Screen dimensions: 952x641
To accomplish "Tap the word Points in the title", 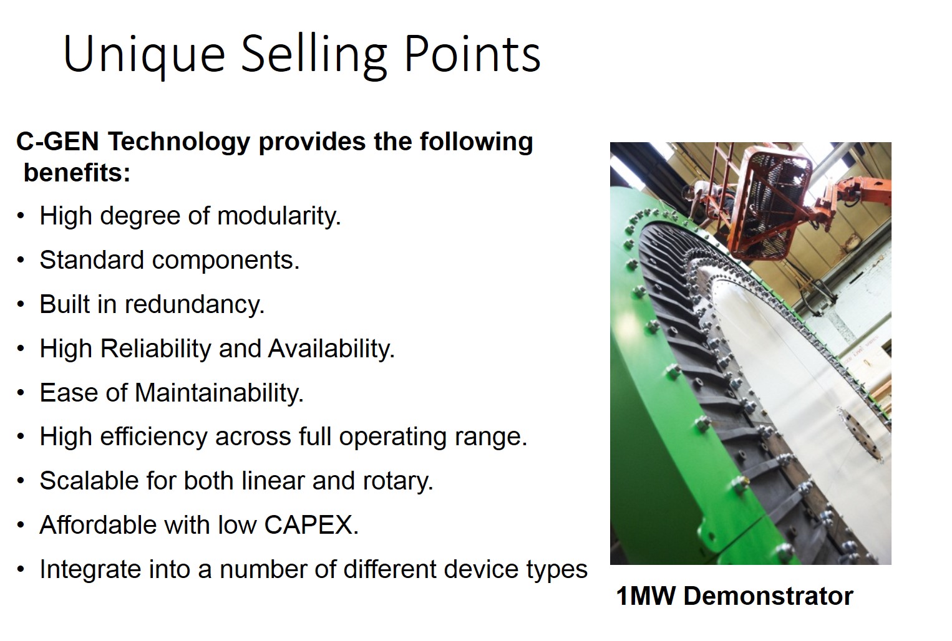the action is [x=472, y=54].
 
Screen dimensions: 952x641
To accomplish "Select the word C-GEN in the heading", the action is [x=57, y=142].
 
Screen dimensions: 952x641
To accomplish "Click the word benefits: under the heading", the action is [x=77, y=173].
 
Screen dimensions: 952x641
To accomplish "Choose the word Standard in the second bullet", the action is [x=92, y=259].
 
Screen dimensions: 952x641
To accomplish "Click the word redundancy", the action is [x=195, y=304].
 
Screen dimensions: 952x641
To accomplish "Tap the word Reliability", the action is [x=155, y=349].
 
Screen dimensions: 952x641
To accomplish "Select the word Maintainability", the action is [x=219, y=393].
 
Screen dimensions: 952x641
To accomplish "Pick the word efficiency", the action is [x=153, y=436].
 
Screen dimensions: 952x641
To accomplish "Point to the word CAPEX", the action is [x=311, y=525].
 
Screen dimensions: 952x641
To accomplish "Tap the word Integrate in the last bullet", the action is [x=90, y=569].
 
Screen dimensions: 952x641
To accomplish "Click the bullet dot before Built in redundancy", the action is [x=21, y=304].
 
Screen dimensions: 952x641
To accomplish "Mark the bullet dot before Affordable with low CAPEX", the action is [x=21, y=525].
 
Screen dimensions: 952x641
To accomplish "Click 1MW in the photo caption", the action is [x=646, y=596].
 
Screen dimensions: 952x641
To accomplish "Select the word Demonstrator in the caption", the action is [x=769, y=596].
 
